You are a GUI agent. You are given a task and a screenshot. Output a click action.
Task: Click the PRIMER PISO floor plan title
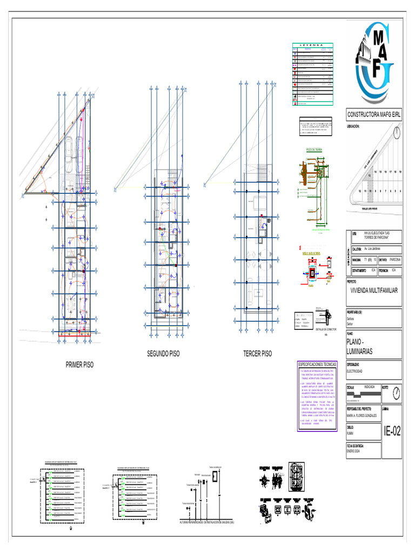(x=79, y=365)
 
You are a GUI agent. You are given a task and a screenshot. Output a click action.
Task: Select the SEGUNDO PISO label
(x=163, y=354)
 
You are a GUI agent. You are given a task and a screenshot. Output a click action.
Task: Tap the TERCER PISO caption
(x=258, y=354)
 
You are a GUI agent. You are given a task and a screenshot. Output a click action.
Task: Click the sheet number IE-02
(x=392, y=431)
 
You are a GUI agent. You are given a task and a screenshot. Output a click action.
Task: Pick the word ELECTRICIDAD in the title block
(x=358, y=372)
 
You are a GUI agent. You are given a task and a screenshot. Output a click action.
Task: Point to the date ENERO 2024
(x=356, y=450)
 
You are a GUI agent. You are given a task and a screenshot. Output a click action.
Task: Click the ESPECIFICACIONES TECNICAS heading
(x=317, y=365)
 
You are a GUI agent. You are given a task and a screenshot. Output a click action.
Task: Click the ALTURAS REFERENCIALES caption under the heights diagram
(x=207, y=522)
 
